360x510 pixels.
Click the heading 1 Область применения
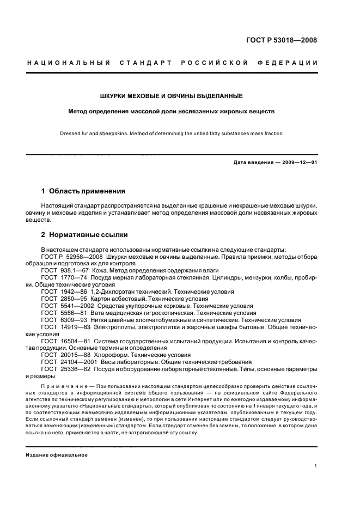pos(83,191)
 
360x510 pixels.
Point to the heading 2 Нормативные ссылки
pos(85,235)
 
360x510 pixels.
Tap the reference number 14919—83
pos(80,327)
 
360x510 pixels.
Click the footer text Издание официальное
pos(57,455)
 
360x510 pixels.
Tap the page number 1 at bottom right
pos(316,466)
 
